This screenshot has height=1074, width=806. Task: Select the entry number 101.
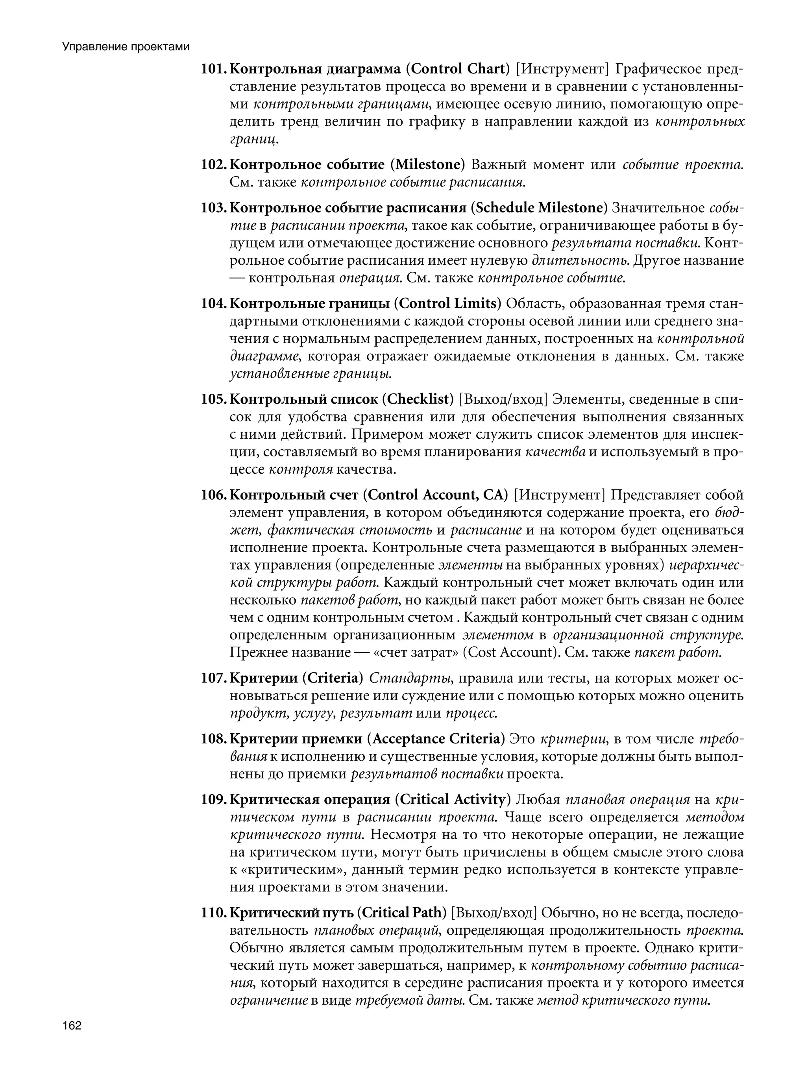pos(213,69)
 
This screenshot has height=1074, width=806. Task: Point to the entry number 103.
pos(213,208)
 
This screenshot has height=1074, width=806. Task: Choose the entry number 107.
pos(213,678)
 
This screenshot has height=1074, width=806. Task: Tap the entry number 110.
pos(213,913)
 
